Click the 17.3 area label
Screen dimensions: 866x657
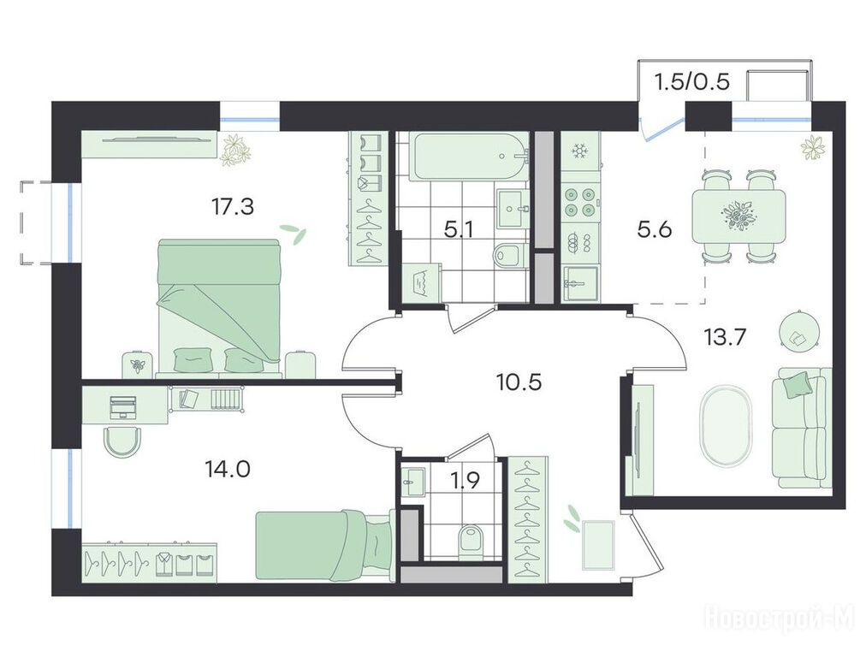(232, 208)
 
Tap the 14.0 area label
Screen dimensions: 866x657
(228, 470)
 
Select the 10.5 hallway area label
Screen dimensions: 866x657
(519, 382)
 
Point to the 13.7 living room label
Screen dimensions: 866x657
(725, 335)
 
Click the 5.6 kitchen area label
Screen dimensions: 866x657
(655, 228)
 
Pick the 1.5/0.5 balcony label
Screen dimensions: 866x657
(692, 82)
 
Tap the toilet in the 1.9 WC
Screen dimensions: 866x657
(471, 538)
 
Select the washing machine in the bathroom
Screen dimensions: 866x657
(420, 282)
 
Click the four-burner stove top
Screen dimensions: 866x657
(580, 202)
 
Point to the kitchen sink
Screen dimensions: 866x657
(580, 283)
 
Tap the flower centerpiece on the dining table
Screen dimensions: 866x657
(739, 216)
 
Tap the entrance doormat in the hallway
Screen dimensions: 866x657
(598, 544)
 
